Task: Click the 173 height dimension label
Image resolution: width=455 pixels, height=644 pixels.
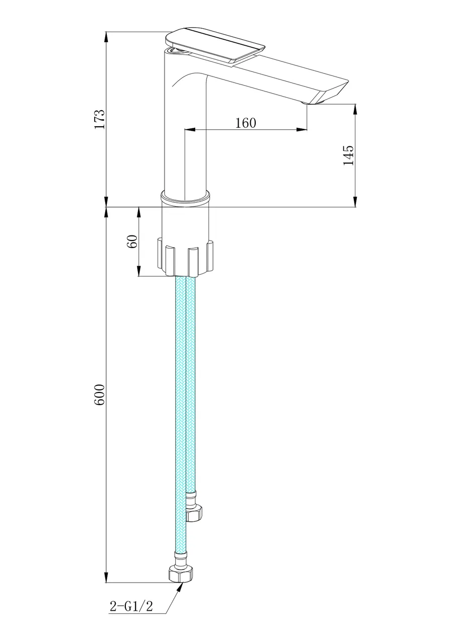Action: [x=100, y=119]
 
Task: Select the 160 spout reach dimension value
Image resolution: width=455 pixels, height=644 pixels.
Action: [x=246, y=123]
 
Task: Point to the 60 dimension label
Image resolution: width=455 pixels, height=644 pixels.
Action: [x=132, y=242]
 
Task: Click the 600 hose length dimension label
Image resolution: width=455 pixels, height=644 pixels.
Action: [x=100, y=395]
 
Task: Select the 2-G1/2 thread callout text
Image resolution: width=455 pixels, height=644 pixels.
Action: [x=131, y=606]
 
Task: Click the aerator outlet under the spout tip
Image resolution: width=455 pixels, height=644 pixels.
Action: [x=311, y=103]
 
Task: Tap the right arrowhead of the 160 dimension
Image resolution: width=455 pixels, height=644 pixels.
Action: [x=303, y=130]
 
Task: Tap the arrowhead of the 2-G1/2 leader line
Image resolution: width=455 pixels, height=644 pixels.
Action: [x=180, y=587]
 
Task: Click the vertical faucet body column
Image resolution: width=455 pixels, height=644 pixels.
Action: [x=185, y=136]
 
